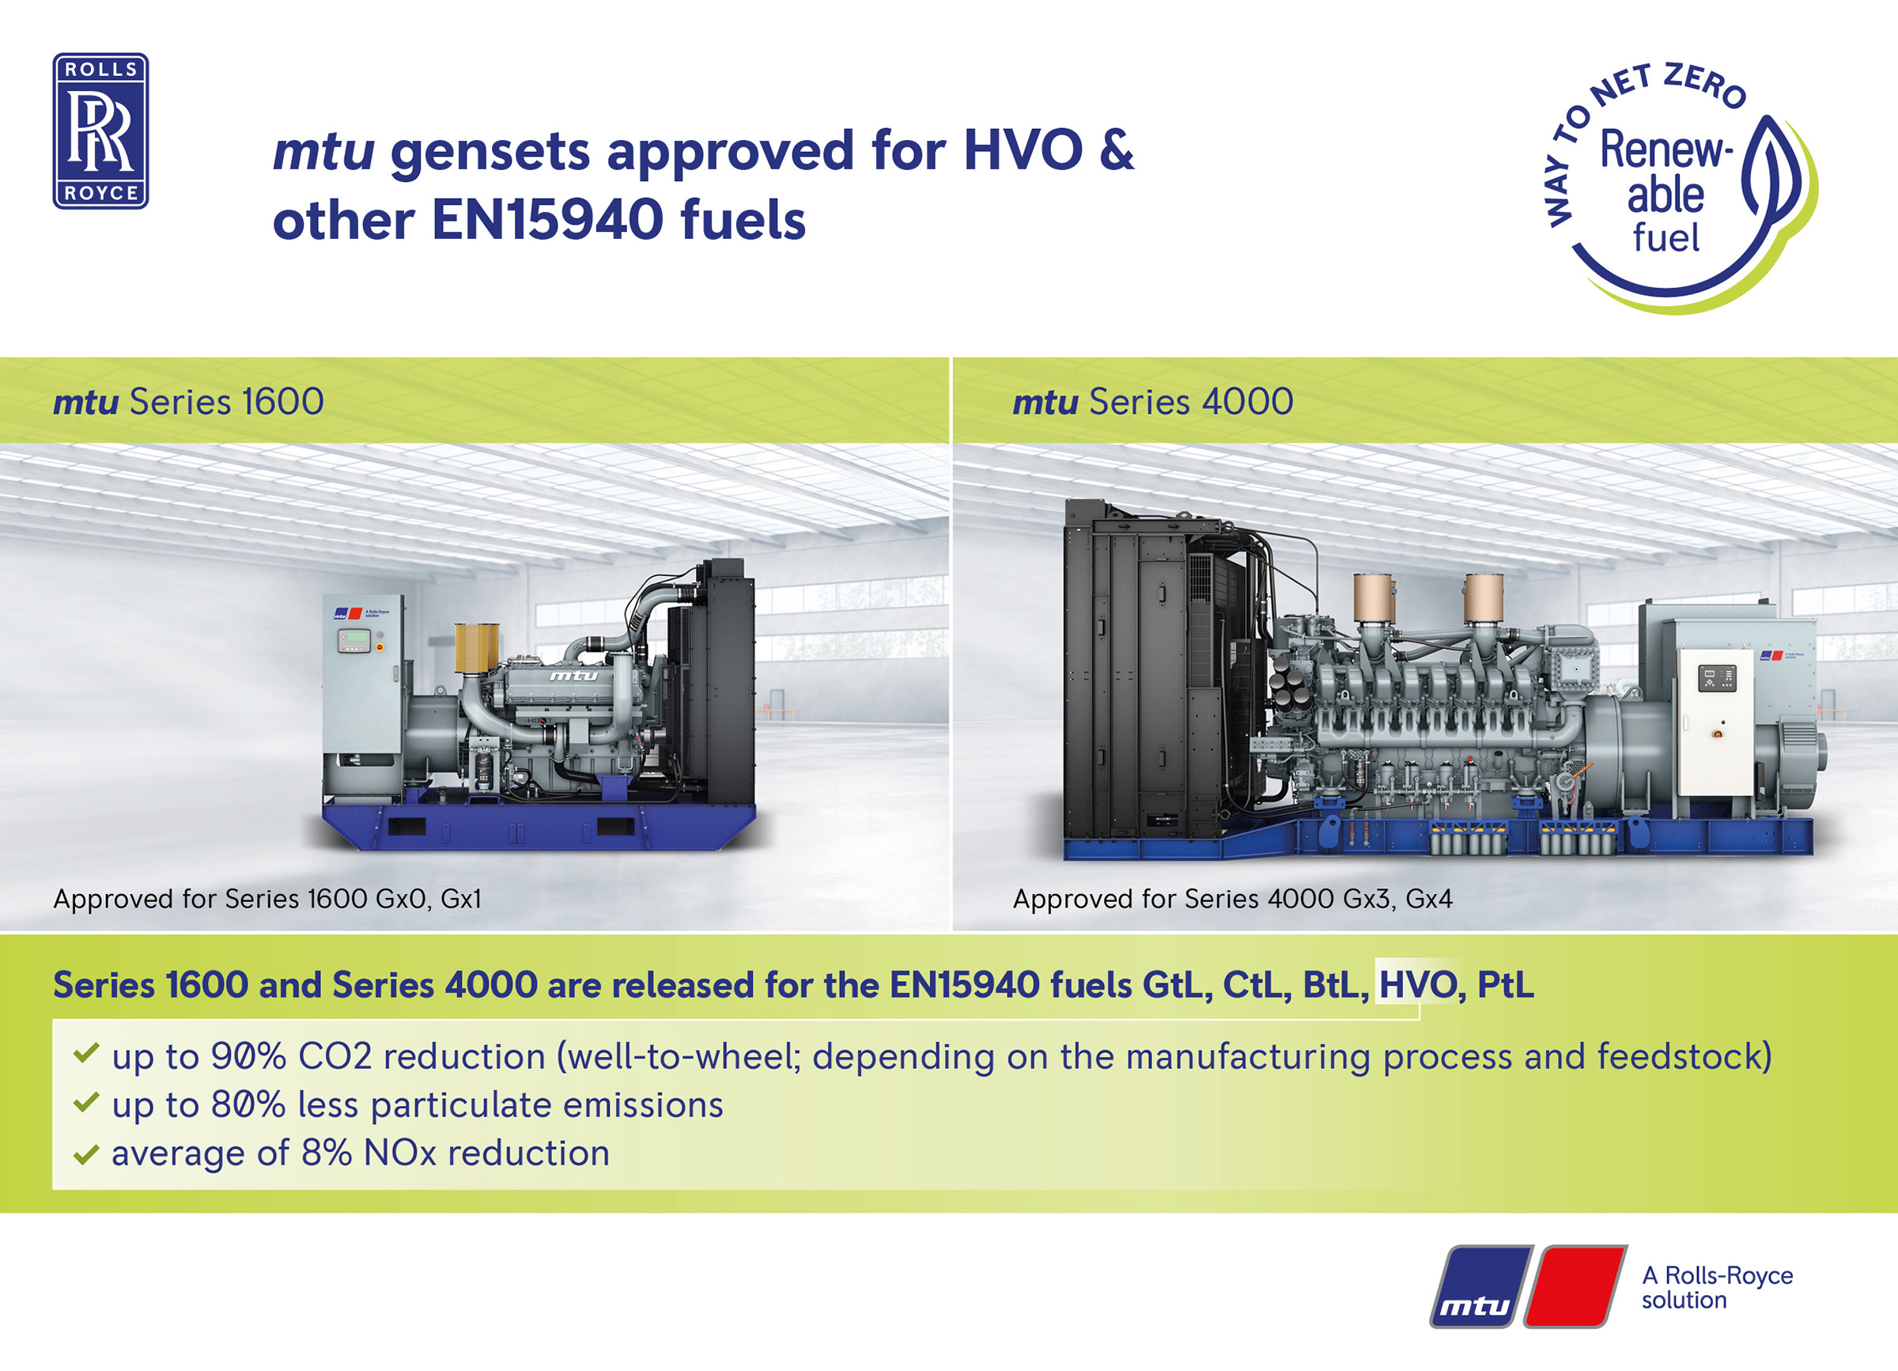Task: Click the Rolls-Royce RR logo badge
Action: click(x=100, y=131)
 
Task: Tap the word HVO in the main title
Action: click(x=1023, y=151)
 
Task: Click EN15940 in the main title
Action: click(x=546, y=221)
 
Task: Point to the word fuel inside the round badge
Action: click(x=1665, y=237)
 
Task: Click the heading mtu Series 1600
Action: click(x=188, y=402)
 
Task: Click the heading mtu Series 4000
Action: click(x=1152, y=402)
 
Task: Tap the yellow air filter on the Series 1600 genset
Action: click(x=477, y=647)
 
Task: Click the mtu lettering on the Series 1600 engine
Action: click(x=573, y=676)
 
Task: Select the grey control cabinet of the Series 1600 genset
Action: click(x=364, y=694)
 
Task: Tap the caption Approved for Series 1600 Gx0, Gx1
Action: click(x=267, y=899)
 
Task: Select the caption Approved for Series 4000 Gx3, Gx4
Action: click(x=1233, y=899)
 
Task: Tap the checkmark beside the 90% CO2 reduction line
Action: click(x=86, y=1053)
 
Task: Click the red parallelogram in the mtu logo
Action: click(x=1575, y=1286)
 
